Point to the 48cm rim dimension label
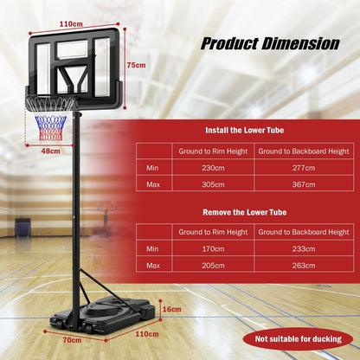click(51, 151)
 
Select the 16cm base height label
click(171, 309)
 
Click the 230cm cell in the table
click(213, 168)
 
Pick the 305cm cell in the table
click(213, 183)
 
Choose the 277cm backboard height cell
click(303, 168)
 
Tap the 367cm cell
click(303, 183)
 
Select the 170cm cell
click(213, 247)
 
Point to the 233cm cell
click(303, 247)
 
